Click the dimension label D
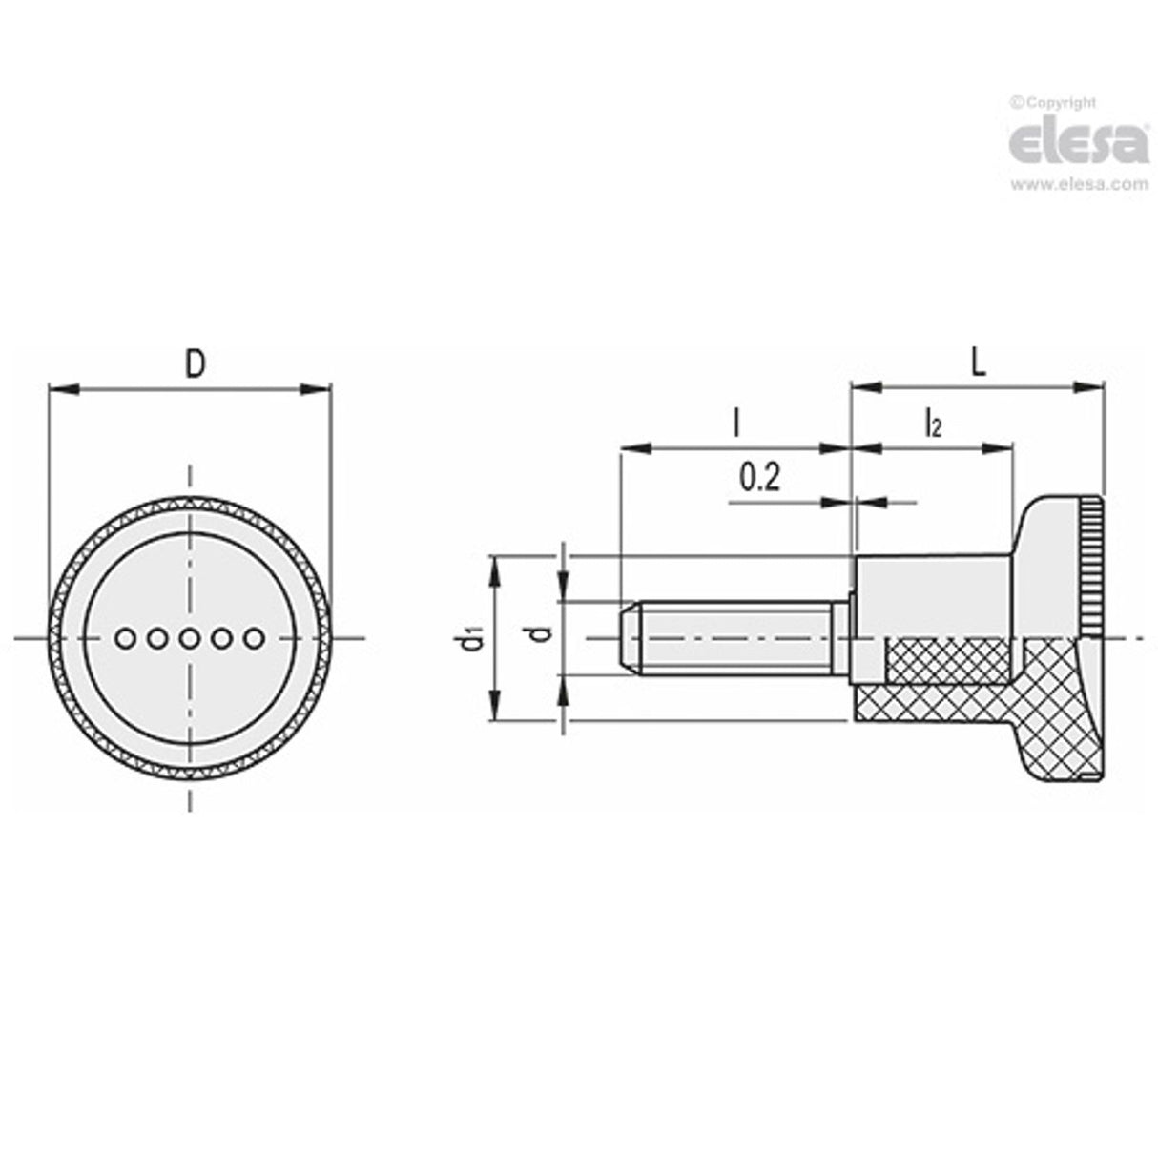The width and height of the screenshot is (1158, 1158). [194, 363]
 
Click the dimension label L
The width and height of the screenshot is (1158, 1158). [978, 362]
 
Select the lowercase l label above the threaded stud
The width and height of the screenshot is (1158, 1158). [735, 422]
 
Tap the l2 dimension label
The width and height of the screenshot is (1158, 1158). [933, 422]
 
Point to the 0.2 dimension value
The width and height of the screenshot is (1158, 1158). [759, 476]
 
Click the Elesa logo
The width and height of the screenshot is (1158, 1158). [1078, 143]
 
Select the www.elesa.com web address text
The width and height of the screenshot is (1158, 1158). [1079, 185]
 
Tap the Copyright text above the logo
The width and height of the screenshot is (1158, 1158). [1057, 103]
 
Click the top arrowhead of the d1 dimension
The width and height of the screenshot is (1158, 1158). [494, 568]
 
